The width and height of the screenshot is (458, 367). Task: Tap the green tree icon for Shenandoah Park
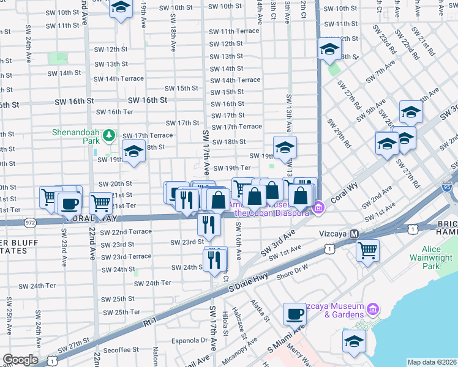point(108,135)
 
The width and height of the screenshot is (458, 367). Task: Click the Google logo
point(20,360)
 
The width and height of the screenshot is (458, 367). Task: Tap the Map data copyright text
point(432,362)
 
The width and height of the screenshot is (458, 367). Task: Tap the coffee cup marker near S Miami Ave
point(295,314)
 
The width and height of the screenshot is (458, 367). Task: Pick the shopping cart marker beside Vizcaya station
point(367,250)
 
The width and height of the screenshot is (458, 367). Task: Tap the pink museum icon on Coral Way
point(318,210)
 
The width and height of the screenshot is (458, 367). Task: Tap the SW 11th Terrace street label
point(234,31)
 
